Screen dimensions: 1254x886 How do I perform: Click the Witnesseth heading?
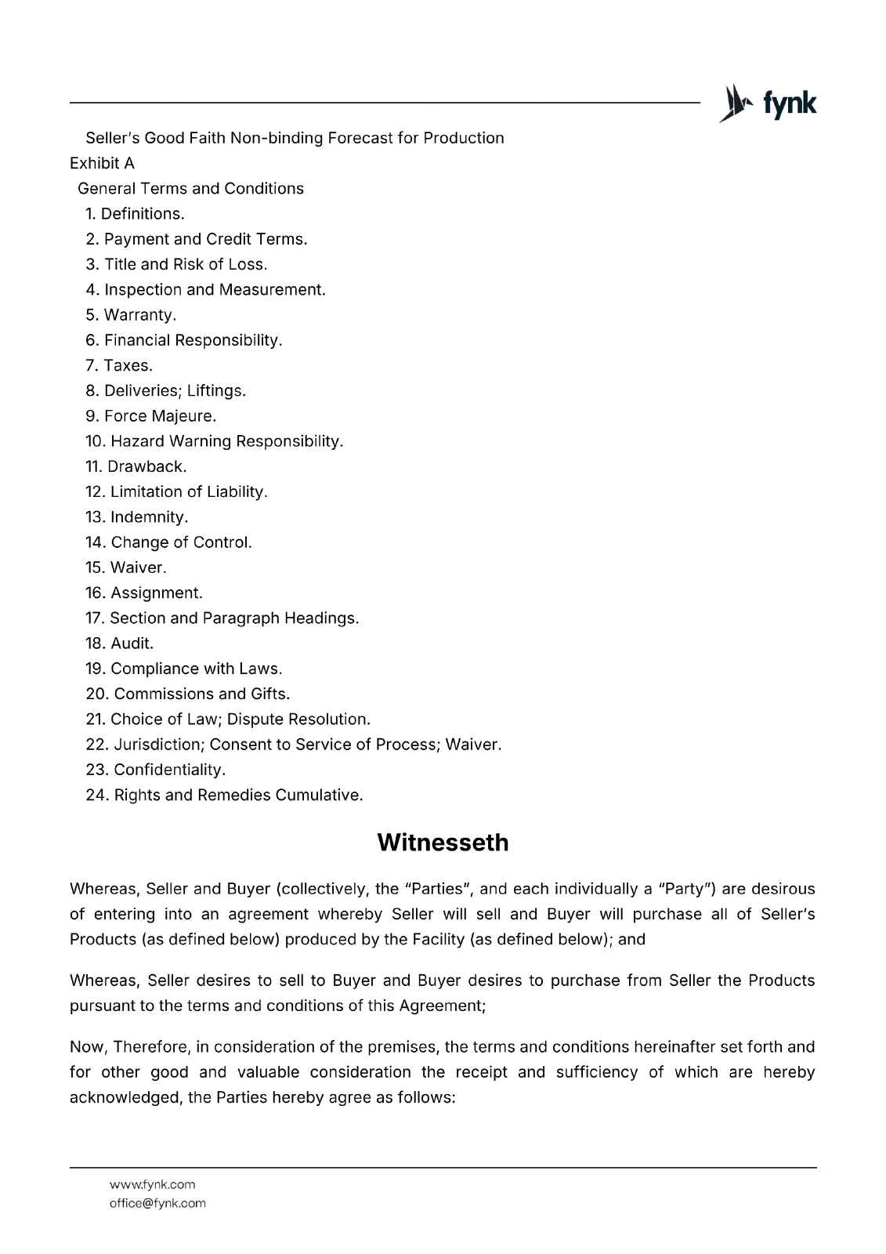click(443, 843)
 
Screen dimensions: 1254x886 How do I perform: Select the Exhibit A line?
click(102, 163)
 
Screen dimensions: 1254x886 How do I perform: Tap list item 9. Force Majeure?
click(150, 416)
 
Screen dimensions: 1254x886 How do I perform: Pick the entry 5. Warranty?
click(131, 315)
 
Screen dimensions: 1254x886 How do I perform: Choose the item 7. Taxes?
click(119, 365)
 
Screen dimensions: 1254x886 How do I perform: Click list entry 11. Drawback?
click(136, 466)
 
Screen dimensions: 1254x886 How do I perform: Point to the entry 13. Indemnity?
click(136, 517)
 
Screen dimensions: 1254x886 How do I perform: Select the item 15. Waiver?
click(125, 567)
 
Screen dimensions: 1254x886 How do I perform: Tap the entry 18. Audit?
click(119, 643)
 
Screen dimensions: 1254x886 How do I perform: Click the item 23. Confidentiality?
click(155, 770)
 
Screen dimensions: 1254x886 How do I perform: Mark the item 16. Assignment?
click(143, 593)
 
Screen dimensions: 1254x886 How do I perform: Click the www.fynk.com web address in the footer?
click(152, 1184)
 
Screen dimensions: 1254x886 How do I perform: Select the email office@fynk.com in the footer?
click(157, 1203)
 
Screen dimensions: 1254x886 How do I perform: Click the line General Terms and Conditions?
click(190, 189)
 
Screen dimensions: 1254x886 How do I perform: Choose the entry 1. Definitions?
click(135, 214)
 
